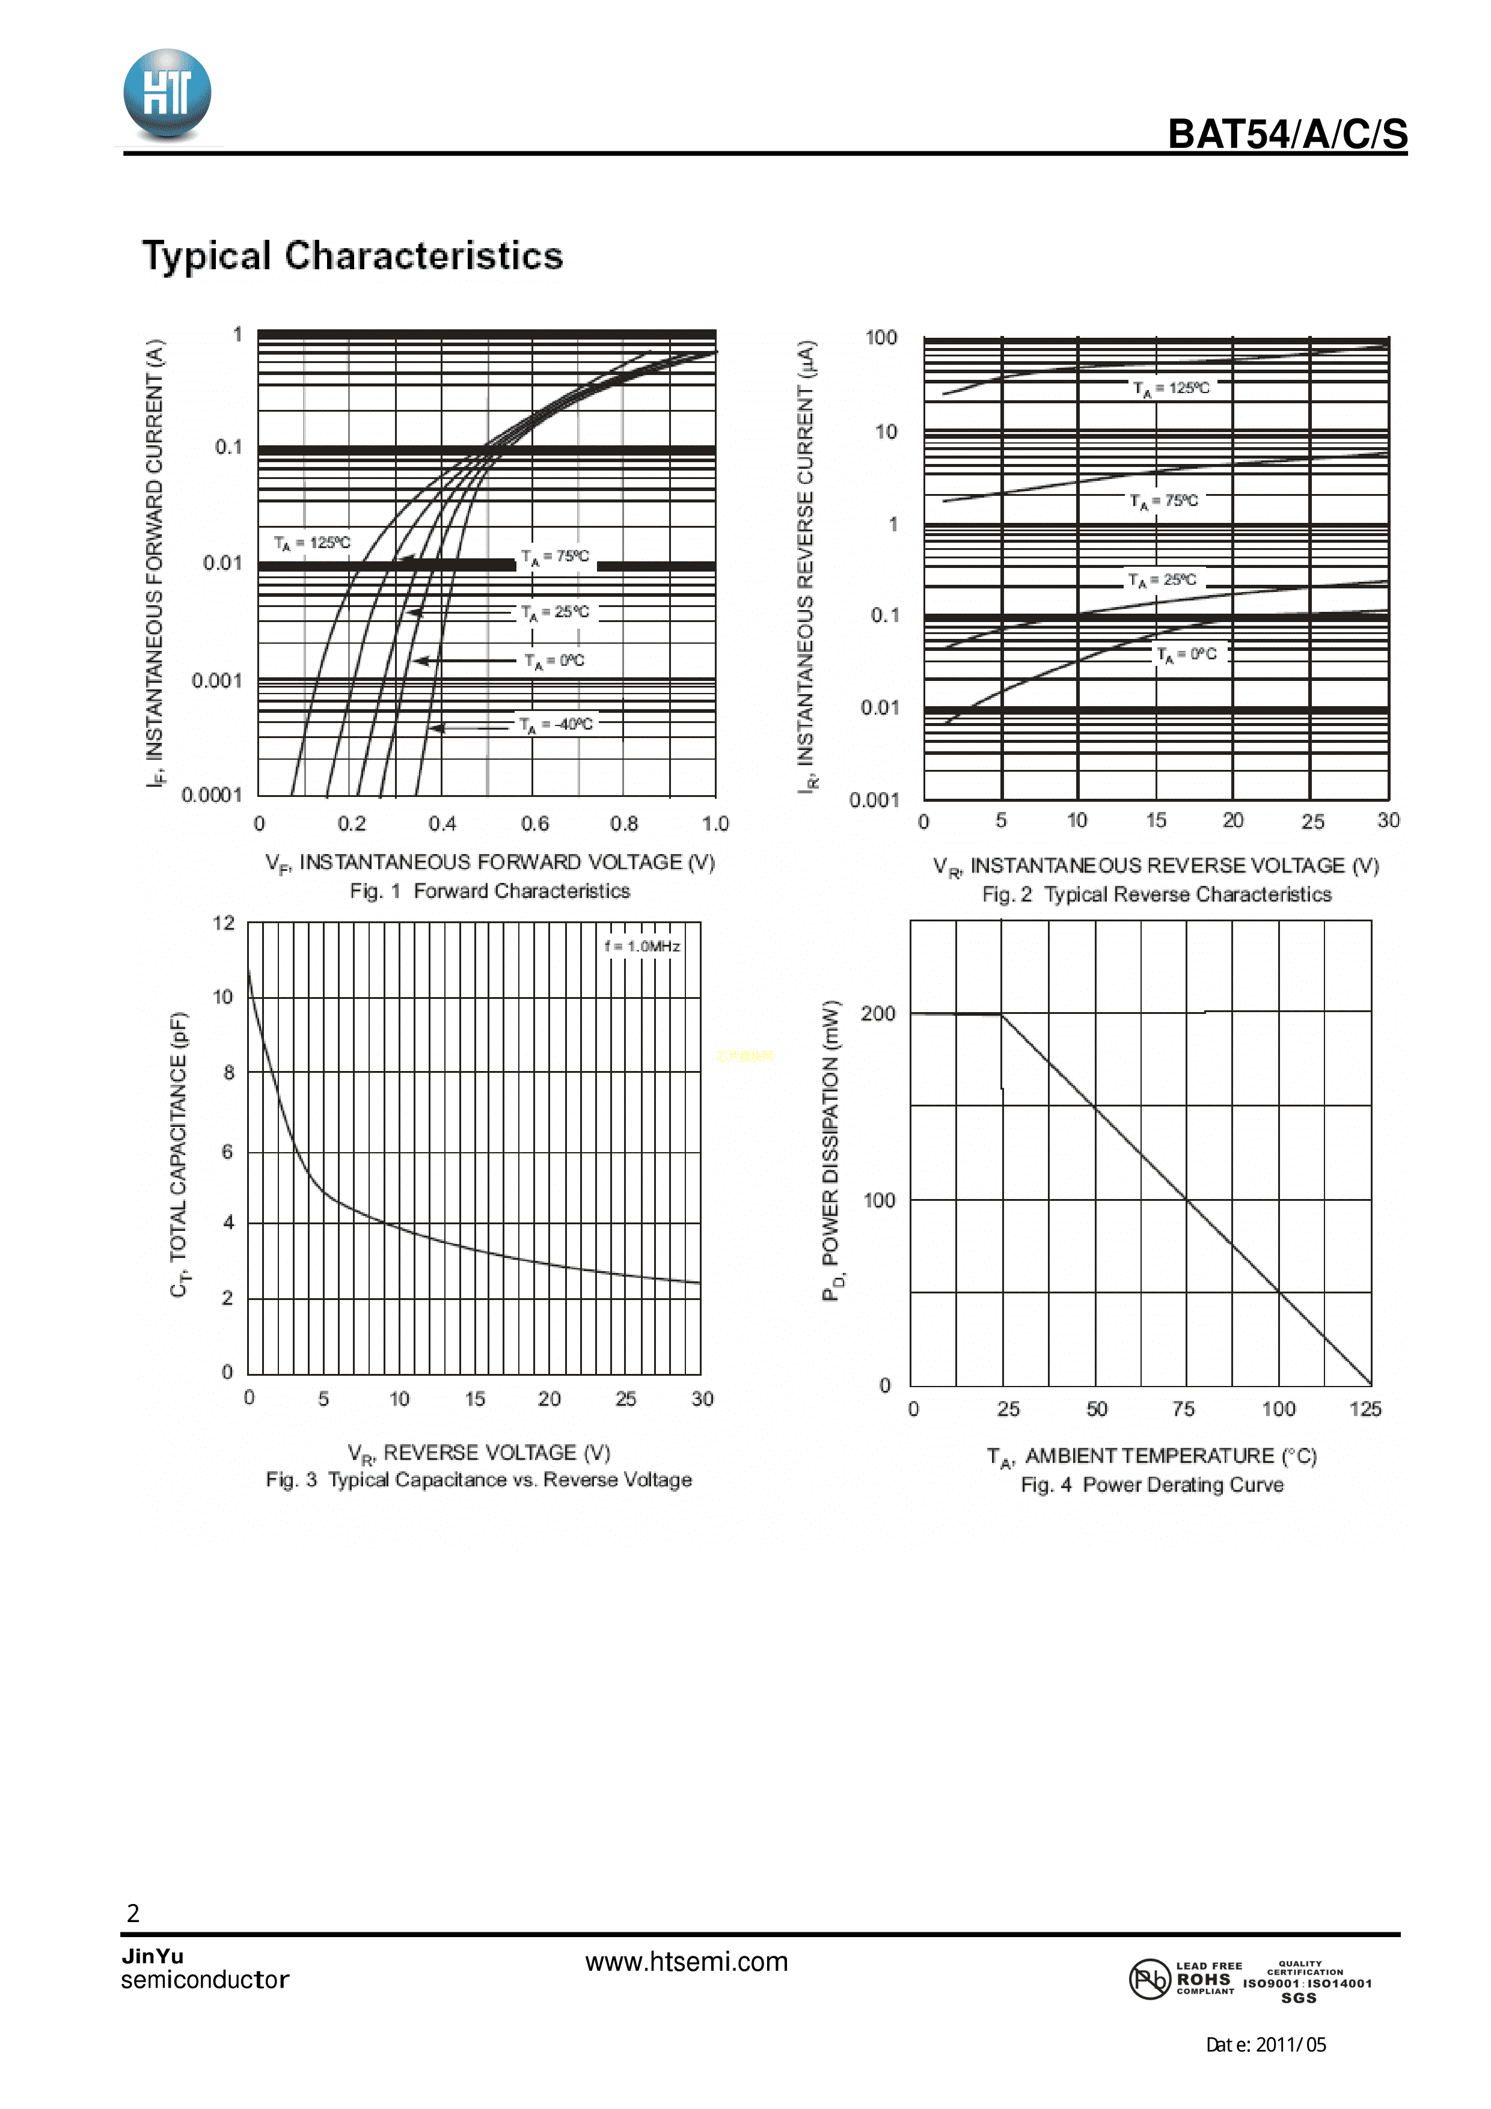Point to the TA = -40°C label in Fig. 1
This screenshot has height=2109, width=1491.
[x=556, y=725]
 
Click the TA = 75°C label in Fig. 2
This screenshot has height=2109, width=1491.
[x=1164, y=501]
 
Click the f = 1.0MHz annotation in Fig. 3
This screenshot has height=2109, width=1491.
[x=642, y=946]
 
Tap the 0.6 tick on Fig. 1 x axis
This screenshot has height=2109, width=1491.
[x=534, y=823]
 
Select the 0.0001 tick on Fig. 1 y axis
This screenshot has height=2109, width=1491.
[x=211, y=795]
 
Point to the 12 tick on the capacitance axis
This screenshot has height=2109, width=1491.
[x=223, y=923]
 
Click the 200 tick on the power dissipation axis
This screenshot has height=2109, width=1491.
[x=877, y=1013]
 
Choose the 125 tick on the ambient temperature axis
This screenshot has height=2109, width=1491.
[x=1364, y=1409]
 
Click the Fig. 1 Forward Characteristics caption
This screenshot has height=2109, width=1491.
[x=489, y=891]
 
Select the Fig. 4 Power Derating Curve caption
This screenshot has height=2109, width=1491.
[x=1152, y=1485]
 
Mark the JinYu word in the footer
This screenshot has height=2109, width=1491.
[x=153, y=1954]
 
